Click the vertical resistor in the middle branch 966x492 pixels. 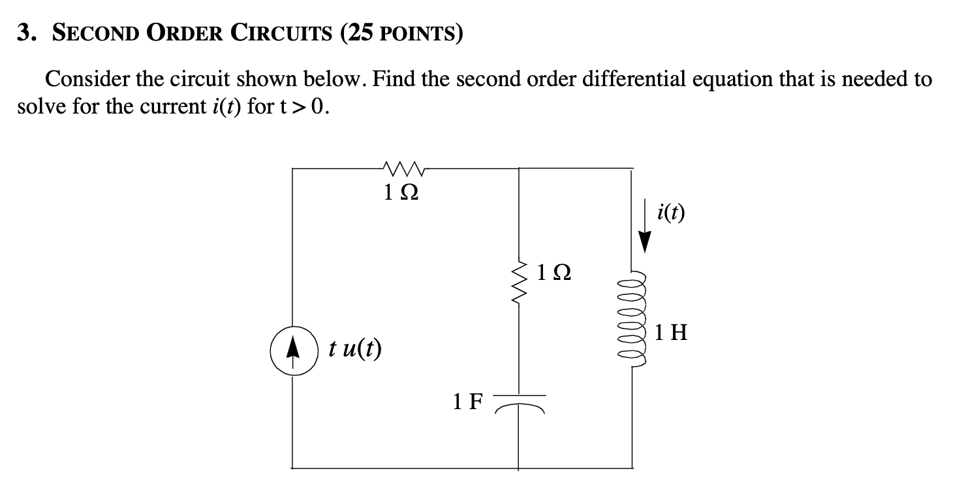click(x=519, y=283)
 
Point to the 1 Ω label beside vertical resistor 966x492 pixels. click(x=555, y=273)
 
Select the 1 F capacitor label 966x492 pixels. click(x=467, y=401)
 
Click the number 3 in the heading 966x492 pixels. click(x=25, y=34)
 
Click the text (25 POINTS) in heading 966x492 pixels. click(x=401, y=34)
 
